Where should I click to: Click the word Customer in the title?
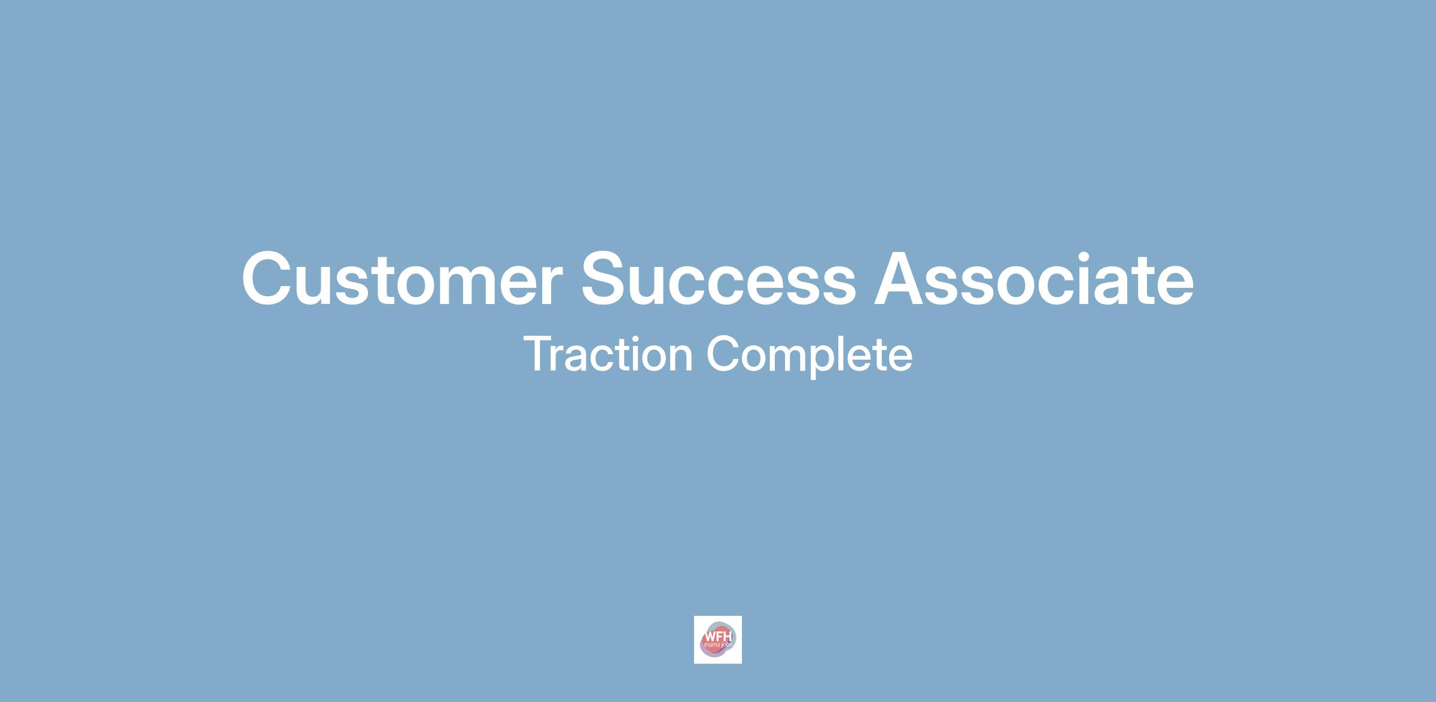pyautogui.click(x=401, y=279)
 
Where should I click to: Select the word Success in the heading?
pyautogui.click(x=719, y=279)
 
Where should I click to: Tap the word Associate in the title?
pyautogui.click(x=1033, y=279)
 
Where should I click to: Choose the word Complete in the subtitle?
pyautogui.click(x=810, y=356)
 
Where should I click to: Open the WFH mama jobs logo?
pyautogui.click(x=718, y=639)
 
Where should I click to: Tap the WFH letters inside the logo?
pyautogui.click(x=718, y=636)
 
